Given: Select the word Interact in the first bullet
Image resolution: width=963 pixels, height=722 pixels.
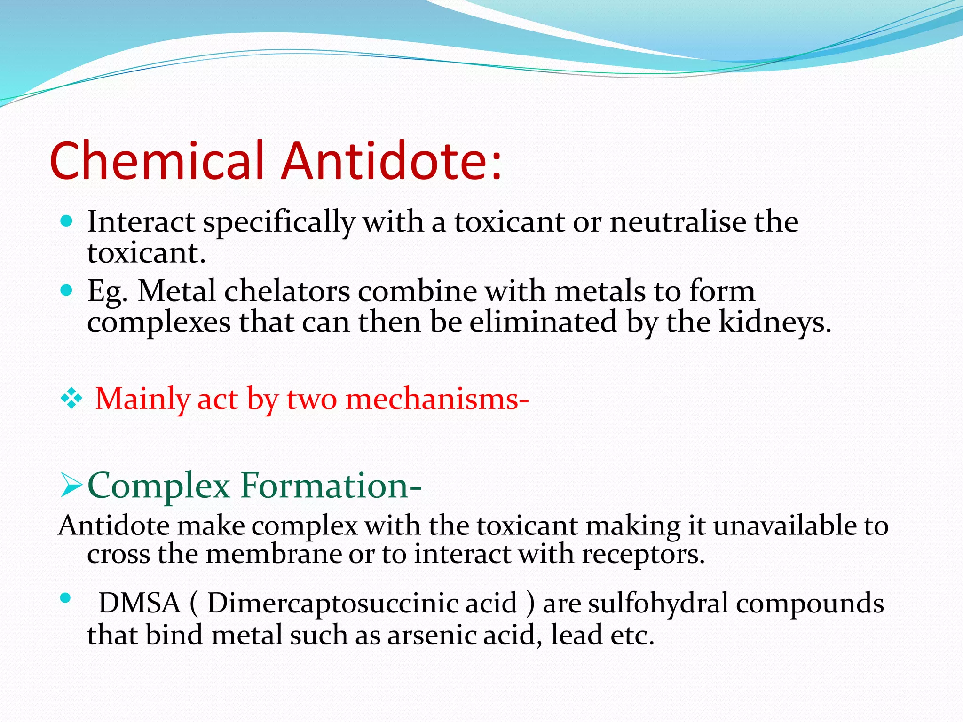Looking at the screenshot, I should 141,221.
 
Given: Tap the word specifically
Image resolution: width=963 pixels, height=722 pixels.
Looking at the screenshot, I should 279,222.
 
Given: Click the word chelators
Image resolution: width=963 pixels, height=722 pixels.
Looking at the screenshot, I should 287,291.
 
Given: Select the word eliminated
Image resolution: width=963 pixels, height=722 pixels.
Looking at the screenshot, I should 543,322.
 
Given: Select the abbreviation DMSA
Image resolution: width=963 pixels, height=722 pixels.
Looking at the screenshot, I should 140,603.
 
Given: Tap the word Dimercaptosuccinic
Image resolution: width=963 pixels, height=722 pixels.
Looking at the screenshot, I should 362,604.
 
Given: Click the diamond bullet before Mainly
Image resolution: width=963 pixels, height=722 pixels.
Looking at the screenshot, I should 71,399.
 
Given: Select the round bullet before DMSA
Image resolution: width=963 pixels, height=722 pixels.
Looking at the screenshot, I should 65,598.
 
